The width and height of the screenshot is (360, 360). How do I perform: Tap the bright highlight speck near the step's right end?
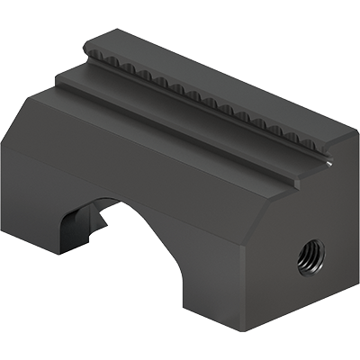click(x=329, y=164)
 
